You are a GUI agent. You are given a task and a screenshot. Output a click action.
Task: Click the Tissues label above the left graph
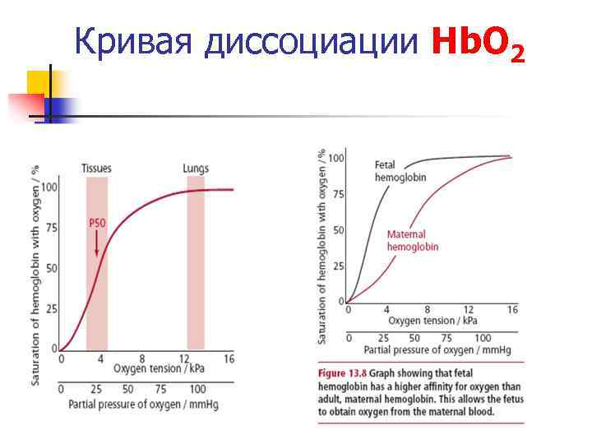tap(97, 169)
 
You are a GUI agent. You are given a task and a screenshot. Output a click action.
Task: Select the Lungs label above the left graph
tap(196, 169)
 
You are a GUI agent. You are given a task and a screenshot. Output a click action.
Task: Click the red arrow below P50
tap(97, 243)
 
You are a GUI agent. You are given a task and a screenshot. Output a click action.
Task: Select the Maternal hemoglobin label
tap(413, 240)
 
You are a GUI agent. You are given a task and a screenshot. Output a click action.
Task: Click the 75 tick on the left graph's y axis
tap(51, 228)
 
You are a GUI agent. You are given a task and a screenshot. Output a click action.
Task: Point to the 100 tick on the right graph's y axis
tap(336, 158)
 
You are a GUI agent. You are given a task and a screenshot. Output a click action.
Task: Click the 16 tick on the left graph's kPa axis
tap(229, 359)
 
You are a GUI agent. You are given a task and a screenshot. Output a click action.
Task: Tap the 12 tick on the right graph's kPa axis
tap(469, 309)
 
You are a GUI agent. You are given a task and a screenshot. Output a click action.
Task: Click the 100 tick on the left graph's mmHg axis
tap(197, 389)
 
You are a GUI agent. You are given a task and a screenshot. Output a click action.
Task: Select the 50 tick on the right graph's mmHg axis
tap(414, 338)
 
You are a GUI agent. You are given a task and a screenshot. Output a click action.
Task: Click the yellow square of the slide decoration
tap(38, 82)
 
